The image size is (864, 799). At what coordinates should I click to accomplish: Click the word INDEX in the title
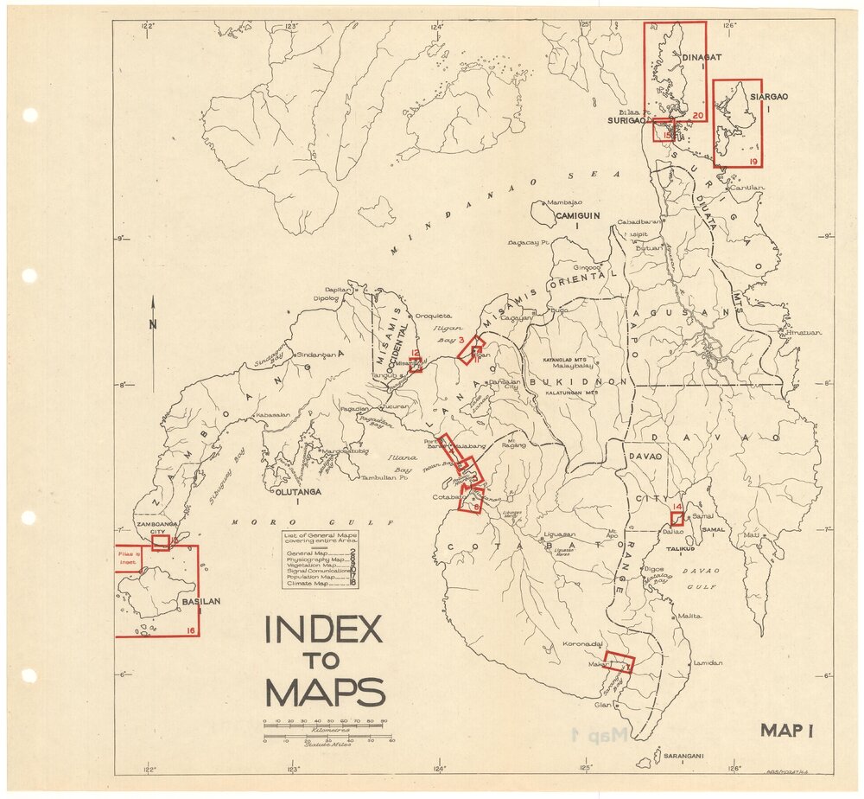click(323, 630)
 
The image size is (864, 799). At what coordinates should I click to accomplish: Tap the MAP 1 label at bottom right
click(788, 731)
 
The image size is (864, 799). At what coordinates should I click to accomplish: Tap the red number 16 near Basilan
click(190, 630)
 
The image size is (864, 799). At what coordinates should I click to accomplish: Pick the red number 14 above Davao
click(677, 507)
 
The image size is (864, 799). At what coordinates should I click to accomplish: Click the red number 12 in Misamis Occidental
click(415, 353)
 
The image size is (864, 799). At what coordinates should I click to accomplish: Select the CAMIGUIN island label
click(577, 214)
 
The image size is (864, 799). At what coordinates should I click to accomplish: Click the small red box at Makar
click(619, 662)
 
